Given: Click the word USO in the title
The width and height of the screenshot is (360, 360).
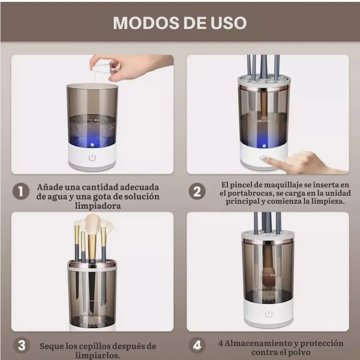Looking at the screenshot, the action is [x=228, y=23].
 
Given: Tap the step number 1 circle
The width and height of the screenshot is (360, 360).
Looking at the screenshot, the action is [x=21, y=191].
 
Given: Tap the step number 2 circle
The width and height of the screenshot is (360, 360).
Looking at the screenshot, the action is [x=197, y=191].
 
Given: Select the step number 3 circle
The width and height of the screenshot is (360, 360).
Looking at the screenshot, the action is [x=22, y=345].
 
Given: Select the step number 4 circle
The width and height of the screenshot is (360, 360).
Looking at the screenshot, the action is [x=197, y=345].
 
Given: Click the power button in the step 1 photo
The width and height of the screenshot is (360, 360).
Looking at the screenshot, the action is [x=92, y=158].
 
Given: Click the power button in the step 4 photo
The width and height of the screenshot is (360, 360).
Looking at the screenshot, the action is [x=269, y=314].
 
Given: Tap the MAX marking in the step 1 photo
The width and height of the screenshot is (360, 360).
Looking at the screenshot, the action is [x=97, y=120].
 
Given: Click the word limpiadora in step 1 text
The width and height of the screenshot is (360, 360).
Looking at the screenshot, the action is [x=98, y=205].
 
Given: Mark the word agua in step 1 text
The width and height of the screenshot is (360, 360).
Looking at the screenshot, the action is [x=56, y=197].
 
